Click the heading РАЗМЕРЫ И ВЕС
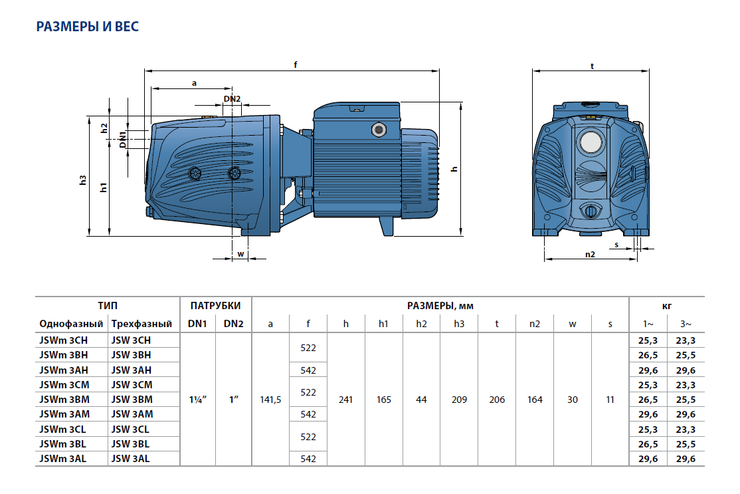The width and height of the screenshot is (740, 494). click(87, 27)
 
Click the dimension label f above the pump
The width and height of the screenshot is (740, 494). click(295, 64)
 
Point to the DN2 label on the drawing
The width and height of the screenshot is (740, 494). click(232, 98)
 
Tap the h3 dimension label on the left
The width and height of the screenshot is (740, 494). click(83, 180)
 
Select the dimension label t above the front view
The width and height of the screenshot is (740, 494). click(591, 65)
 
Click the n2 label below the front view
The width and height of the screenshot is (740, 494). click(590, 254)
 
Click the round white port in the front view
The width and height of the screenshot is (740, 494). click(590, 142)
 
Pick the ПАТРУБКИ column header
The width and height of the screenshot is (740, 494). click(216, 306)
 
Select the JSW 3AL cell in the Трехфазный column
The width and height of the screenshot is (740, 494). click(132, 458)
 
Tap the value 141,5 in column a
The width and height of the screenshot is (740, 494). click(270, 400)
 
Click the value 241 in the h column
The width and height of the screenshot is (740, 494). click(346, 400)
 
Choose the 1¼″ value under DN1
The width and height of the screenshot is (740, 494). click(197, 400)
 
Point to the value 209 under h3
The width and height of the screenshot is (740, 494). click(459, 400)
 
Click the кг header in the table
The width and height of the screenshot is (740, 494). click(667, 306)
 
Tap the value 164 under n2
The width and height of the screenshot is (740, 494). click(535, 400)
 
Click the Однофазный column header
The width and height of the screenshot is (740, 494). click(71, 324)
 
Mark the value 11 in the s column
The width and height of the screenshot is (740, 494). click(610, 400)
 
